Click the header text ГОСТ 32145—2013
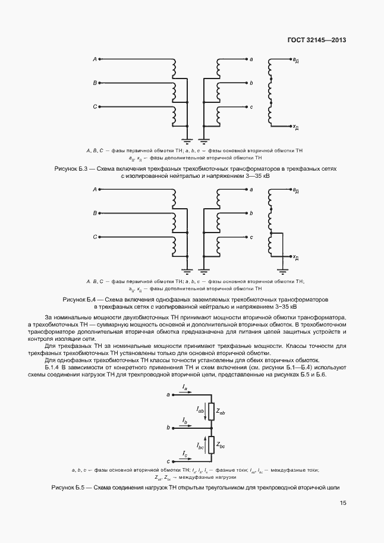[317, 40]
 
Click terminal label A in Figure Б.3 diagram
[95, 59]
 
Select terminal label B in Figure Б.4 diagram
[95, 213]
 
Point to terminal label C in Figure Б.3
[95, 106]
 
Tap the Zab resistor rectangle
[210, 410]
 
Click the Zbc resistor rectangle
[210, 444]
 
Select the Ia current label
[185, 389]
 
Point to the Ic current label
[185, 456]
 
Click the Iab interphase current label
[200, 409]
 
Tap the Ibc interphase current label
[200, 444]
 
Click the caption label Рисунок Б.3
[71, 169]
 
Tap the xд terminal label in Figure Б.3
[295, 127]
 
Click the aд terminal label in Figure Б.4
[295, 190]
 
